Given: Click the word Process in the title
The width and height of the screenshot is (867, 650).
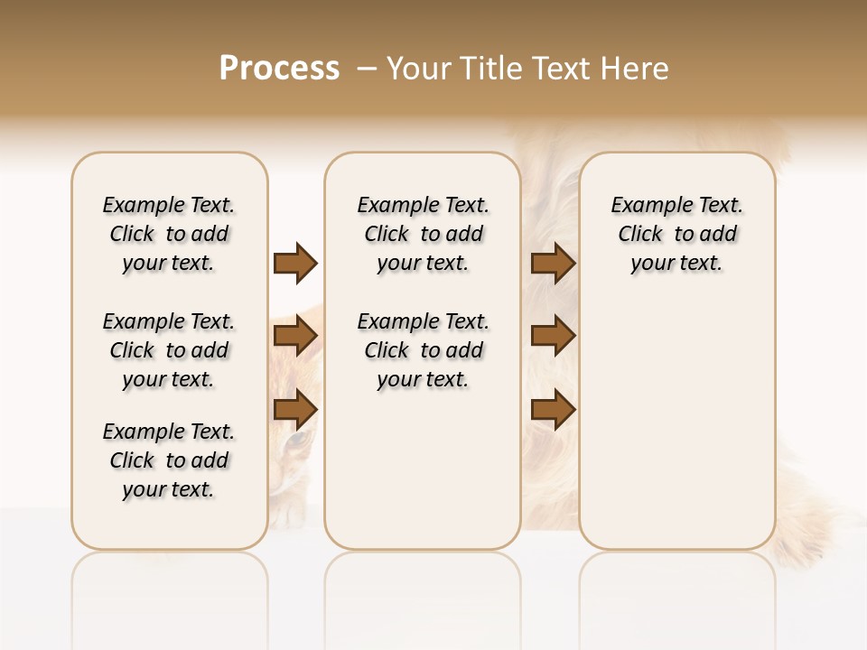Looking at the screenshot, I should tap(279, 69).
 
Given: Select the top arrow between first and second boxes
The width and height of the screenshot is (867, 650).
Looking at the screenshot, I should tap(295, 263).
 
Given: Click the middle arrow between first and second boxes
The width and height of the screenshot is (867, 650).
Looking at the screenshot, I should tap(295, 337).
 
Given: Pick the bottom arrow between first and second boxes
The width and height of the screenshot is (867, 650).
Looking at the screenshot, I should tap(295, 409).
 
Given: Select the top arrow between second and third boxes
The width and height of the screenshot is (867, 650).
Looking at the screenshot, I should tap(553, 263).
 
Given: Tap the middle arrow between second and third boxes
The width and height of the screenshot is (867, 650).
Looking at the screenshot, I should tap(553, 337).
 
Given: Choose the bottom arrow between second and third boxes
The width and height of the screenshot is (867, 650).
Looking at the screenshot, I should tap(553, 409).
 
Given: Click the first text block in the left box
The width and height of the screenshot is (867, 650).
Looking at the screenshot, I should tap(169, 234).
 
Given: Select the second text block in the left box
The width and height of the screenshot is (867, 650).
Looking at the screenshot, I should tap(169, 350).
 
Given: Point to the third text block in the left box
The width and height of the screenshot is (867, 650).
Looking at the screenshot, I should tap(169, 460).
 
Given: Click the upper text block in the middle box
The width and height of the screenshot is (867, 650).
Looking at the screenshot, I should tap(423, 234).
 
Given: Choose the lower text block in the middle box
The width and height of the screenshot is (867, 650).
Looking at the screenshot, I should tap(423, 350).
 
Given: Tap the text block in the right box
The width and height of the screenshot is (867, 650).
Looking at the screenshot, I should tap(676, 234).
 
